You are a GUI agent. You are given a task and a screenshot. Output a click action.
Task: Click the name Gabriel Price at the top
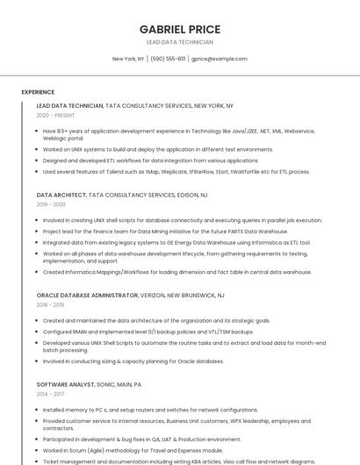click(180, 30)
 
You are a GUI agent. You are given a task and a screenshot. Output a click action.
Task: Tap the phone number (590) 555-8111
click(168, 59)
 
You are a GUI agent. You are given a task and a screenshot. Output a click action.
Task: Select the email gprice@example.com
click(220, 59)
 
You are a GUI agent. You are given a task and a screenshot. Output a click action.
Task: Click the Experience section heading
click(38, 92)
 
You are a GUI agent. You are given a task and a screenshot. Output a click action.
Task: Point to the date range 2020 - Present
click(55, 115)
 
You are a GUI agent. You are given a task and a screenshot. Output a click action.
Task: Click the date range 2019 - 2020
click(51, 204)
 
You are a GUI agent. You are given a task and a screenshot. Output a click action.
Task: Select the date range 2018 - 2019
click(51, 305)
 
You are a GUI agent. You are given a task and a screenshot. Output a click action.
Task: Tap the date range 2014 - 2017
click(51, 395)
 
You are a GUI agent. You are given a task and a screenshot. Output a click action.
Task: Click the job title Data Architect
click(61, 195)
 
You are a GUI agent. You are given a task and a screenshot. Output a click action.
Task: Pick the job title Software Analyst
click(65, 384)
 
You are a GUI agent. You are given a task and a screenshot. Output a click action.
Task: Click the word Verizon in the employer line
click(153, 296)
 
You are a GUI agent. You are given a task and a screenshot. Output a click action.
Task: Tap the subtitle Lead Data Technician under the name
click(180, 42)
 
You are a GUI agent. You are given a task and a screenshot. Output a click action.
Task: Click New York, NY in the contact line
click(128, 59)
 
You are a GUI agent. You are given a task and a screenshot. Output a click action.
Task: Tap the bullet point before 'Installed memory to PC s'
click(38, 410)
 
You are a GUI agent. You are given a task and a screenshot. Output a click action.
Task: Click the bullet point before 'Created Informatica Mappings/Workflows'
click(38, 272)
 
